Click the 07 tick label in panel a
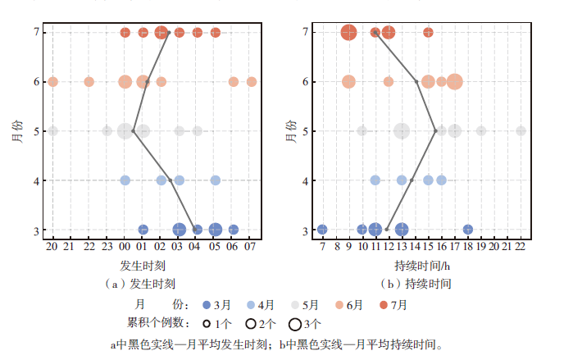click(250, 247)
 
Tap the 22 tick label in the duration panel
click(521, 247)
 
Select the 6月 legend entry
click(349, 305)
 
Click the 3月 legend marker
click(207, 305)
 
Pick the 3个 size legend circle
click(294, 324)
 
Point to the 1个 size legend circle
click(207, 324)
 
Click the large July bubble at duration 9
click(348, 32)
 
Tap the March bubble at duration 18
click(467, 229)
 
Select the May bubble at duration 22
click(521, 131)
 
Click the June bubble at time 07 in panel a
click(252, 82)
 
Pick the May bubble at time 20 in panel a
click(52, 131)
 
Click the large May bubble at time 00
click(125, 131)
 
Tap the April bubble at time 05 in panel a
click(215, 180)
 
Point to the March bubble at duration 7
click(322, 229)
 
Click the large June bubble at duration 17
click(455, 82)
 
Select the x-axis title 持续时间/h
click(422, 266)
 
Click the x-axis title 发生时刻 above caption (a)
click(143, 266)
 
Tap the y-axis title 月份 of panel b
click(291, 131)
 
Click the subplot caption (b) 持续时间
click(416, 284)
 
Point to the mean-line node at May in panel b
click(435, 131)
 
